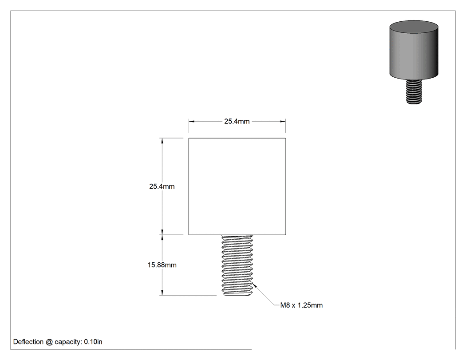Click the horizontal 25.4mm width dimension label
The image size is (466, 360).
(x=237, y=121)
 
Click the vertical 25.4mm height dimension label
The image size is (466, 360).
(x=162, y=186)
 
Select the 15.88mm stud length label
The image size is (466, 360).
(x=162, y=265)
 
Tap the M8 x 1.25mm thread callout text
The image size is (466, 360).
(x=301, y=305)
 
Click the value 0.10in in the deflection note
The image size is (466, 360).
(x=93, y=342)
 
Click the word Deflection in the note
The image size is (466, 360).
(x=28, y=342)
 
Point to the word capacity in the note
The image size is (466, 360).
(x=68, y=342)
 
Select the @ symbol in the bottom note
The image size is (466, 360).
(x=49, y=342)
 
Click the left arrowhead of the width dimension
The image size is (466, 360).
(x=192, y=121)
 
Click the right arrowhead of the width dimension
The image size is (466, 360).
(x=283, y=121)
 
